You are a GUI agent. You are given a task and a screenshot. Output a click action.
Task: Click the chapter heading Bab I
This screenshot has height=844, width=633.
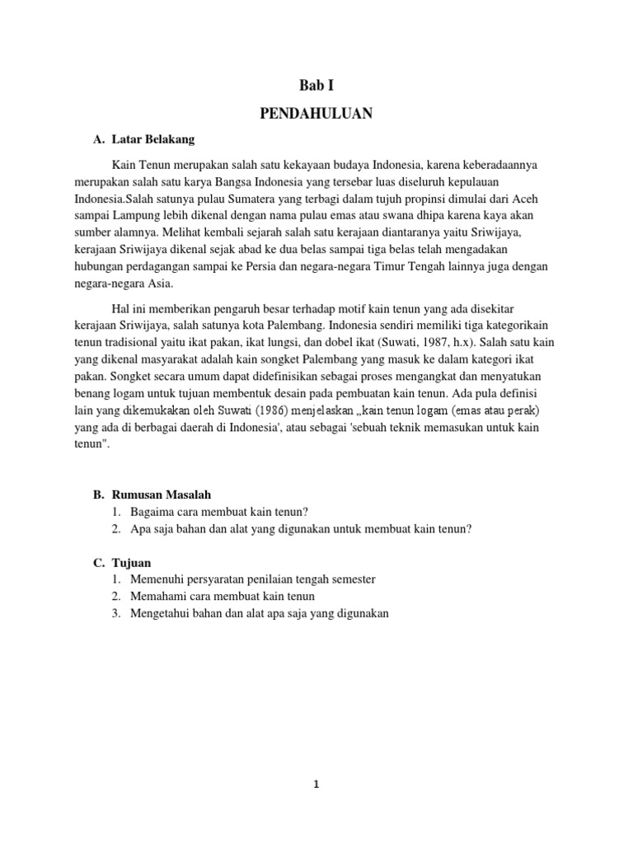point(316,85)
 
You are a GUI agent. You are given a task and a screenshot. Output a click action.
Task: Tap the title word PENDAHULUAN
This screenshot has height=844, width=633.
point(316,114)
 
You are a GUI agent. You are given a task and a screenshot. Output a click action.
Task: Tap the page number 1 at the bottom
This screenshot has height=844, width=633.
point(316,785)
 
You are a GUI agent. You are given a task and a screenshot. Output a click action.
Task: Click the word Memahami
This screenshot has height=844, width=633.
point(157,597)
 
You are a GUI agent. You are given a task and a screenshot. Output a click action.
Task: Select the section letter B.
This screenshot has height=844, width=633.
point(96,495)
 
